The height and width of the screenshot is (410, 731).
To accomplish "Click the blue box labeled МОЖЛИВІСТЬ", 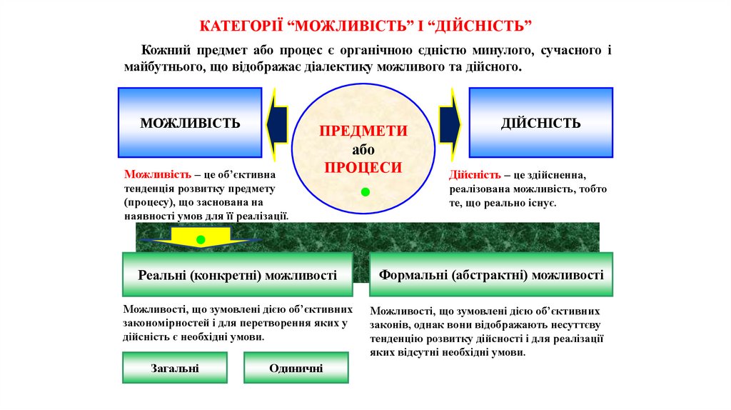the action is coord(190,122).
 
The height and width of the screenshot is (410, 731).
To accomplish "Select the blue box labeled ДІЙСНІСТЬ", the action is coord(540,122).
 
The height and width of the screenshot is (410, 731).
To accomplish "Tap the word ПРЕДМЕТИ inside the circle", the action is coord(363,131).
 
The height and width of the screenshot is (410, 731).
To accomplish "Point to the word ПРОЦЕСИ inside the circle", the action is coord(363,167).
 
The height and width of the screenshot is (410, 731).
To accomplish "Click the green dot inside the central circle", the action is coord(365,192).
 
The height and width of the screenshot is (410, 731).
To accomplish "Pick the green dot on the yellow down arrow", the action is coord(201,239).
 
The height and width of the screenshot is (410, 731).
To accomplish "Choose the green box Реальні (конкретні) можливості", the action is coord(237,275).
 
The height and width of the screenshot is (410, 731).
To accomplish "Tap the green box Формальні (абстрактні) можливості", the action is coord(491,274).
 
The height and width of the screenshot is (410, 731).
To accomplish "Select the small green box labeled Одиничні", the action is coord(296,369).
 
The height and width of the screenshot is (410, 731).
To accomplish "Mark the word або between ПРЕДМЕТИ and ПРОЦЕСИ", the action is coord(363,149).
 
